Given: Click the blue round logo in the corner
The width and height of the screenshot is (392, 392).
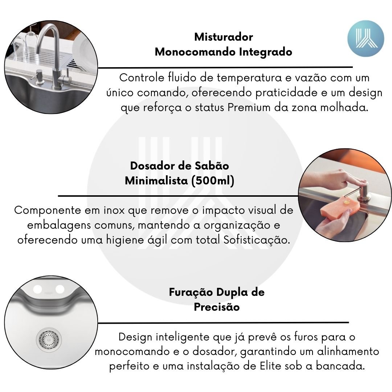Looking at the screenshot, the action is point(366,38).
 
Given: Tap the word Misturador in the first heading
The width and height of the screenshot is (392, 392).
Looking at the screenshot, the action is point(224,37).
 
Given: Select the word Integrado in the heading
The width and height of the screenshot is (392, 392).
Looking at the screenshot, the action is point(265,52).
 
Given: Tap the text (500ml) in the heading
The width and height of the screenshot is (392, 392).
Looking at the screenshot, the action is point(213,180).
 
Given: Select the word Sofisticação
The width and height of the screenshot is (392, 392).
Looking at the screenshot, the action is point(257,240).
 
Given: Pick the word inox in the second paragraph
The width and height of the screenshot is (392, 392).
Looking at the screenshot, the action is point(114,210).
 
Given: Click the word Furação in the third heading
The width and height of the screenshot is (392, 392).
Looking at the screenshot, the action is point(191,292).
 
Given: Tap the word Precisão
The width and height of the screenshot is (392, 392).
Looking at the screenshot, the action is point(217,307).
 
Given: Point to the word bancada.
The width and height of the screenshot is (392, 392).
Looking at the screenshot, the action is point(340,366).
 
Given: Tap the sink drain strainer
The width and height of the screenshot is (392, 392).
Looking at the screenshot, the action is point(49,340).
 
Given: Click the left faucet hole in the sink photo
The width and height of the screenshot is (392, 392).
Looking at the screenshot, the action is point(37,289).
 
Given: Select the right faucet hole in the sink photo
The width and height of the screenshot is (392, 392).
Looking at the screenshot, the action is point(60,289).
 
